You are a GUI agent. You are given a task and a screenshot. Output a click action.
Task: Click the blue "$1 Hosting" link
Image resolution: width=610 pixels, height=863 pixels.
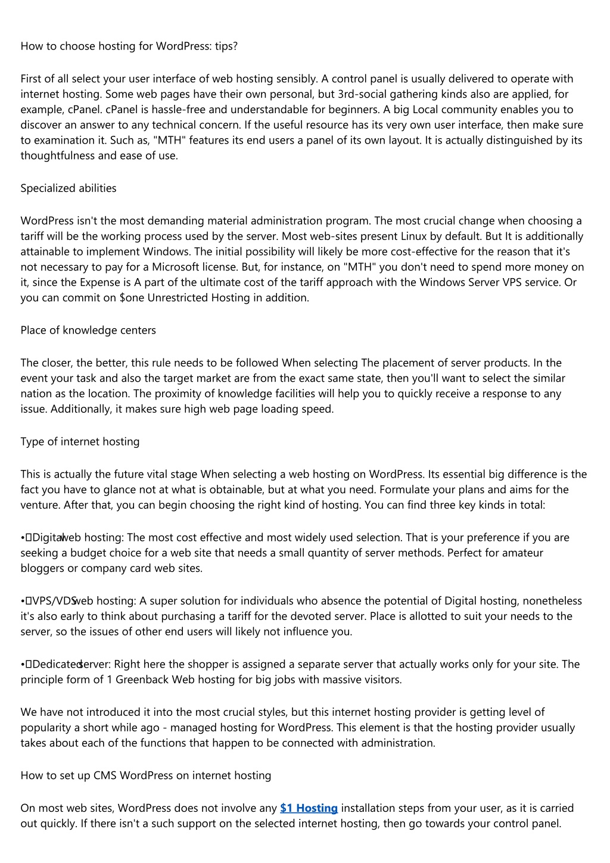[309, 808]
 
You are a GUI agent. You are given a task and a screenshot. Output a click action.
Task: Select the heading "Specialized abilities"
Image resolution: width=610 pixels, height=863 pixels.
[69, 188]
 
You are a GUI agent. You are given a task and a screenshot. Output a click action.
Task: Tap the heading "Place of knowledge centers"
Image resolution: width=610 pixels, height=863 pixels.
[88, 331]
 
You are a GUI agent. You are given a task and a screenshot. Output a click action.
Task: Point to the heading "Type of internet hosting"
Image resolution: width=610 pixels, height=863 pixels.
[80, 442]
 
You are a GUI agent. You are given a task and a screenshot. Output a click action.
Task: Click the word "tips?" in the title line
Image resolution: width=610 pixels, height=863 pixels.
[228, 46]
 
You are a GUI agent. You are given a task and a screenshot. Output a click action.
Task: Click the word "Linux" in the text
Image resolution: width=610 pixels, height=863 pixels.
[414, 236]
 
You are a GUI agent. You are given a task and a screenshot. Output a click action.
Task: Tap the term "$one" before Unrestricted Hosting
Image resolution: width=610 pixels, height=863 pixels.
[132, 298]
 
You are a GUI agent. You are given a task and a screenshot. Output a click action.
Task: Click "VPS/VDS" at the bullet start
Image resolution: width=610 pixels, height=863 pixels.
[54, 601]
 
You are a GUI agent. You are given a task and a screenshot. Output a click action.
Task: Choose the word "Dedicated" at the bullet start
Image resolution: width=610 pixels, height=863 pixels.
[57, 664]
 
